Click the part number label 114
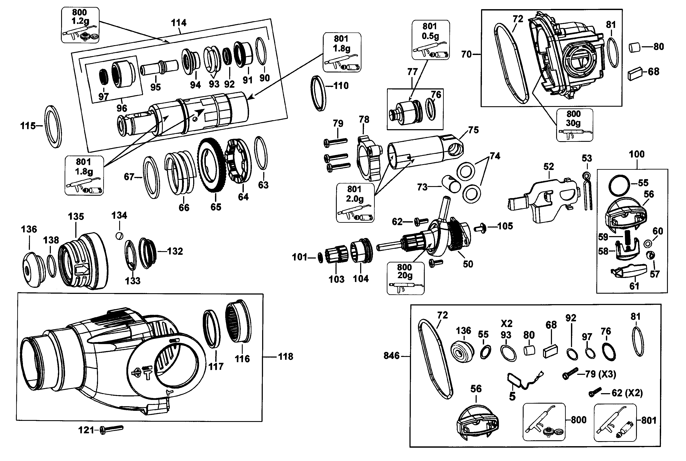click(x=179, y=23)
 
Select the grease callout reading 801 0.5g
click(x=430, y=40)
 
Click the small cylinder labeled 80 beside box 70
click(x=635, y=47)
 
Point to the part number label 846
click(x=391, y=356)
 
